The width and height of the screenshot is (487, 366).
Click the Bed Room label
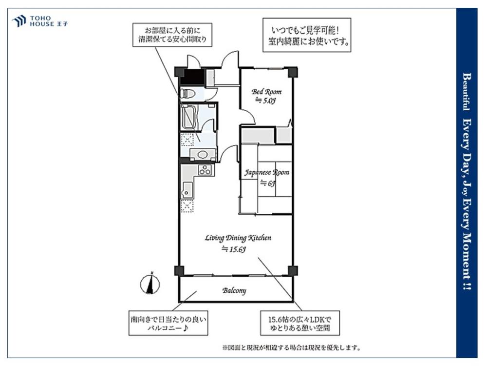[266, 92]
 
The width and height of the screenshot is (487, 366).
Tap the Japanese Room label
[267, 172]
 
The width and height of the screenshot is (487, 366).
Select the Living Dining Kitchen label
[238, 238]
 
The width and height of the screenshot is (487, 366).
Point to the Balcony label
[234, 291]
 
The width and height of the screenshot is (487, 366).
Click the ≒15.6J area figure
[234, 249]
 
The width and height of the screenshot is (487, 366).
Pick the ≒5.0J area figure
[265, 101]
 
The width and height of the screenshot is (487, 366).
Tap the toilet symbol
[187, 93]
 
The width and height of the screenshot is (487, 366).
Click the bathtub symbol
[189, 117]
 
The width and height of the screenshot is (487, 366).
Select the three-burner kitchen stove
[205, 170]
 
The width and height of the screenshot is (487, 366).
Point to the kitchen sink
[187, 190]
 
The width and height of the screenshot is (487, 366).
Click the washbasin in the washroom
[203, 154]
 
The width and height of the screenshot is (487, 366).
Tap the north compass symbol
[150, 284]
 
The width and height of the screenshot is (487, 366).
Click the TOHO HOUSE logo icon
[19, 21]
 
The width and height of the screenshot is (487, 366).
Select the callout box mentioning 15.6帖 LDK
[300, 323]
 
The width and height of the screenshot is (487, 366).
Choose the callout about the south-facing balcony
[169, 323]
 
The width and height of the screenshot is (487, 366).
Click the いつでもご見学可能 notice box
[307, 35]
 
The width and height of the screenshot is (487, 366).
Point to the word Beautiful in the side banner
[467, 92]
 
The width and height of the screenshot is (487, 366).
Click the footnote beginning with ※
[291, 347]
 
